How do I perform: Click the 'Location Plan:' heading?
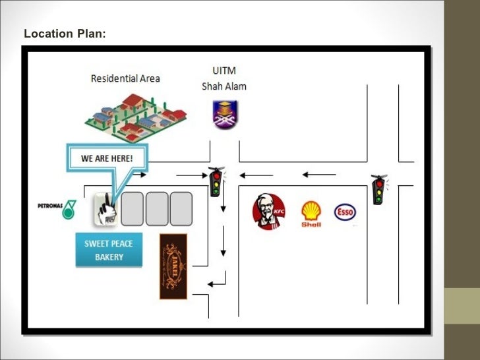(64, 33)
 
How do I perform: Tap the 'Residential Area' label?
(125, 78)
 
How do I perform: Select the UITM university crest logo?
(225, 115)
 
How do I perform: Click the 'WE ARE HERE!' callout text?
(107, 159)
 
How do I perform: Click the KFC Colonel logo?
(268, 212)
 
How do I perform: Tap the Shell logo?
(311, 214)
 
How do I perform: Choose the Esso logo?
(345, 212)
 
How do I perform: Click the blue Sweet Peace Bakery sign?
(109, 250)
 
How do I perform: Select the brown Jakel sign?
(173, 266)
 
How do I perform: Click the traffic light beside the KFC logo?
(216, 182)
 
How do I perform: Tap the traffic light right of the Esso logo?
(378, 190)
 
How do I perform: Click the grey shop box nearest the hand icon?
(133, 209)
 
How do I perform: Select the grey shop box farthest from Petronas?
(181, 209)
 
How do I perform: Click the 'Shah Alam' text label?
(224, 86)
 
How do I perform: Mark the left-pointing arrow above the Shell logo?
(319, 175)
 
